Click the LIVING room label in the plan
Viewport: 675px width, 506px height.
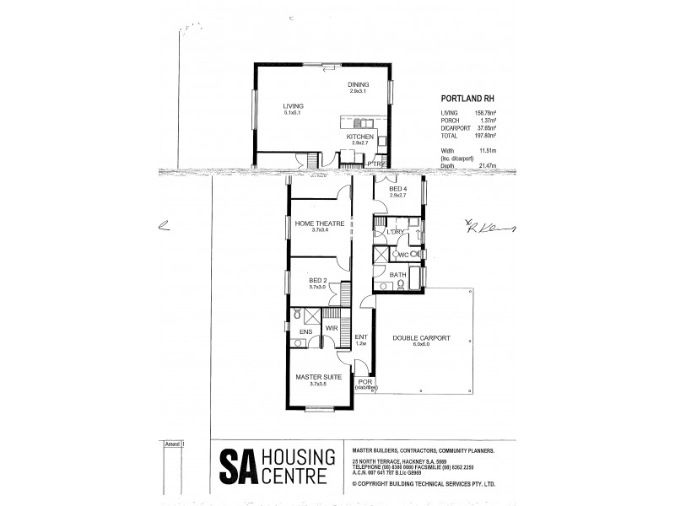coord(293,105)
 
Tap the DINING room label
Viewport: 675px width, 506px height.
coord(359,84)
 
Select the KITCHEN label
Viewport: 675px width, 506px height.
coord(360,137)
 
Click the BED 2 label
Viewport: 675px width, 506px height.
coord(317,280)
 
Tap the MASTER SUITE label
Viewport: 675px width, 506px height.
coord(318,377)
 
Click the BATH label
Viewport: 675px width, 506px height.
coord(398,274)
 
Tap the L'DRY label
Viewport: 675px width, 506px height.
coord(394,232)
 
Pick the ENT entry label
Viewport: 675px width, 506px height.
coord(360,338)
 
